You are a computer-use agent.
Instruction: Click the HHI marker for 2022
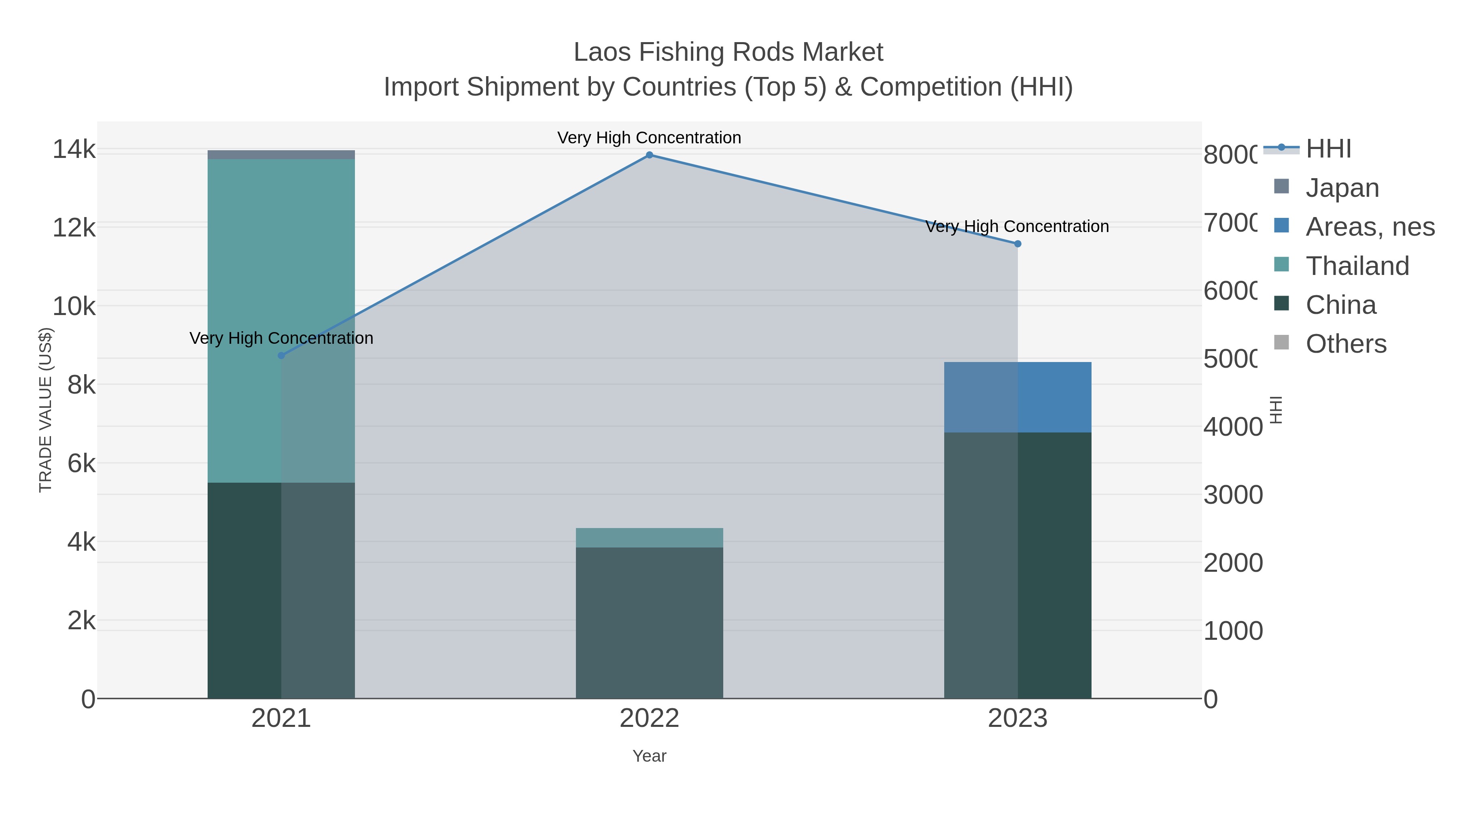point(649,155)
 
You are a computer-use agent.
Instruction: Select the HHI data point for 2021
point(281,356)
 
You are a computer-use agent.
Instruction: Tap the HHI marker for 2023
point(1017,244)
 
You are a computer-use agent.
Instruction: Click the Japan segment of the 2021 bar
point(281,155)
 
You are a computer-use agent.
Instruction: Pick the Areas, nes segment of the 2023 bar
point(1017,397)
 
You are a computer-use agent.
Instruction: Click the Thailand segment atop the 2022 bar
point(649,538)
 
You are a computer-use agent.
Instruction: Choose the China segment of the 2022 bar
point(649,622)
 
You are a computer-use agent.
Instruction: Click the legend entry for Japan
point(1342,188)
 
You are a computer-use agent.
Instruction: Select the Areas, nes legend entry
point(1369,227)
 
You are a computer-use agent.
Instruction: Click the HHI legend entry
point(1327,149)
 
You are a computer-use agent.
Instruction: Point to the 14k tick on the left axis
point(74,150)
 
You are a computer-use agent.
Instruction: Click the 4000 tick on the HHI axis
point(1232,427)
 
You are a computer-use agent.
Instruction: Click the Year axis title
point(649,756)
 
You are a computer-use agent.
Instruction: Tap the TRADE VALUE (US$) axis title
point(45,410)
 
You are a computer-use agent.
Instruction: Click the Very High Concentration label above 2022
point(649,138)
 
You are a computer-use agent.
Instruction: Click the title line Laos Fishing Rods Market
point(728,52)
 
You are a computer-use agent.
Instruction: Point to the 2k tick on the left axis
point(81,621)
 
